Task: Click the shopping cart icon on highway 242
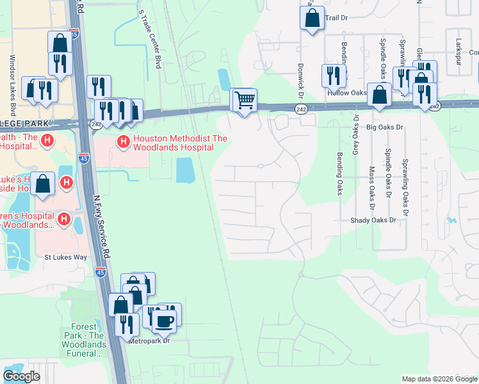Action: coord(244,100)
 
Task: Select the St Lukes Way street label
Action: coord(65,257)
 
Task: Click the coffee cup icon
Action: coord(164,321)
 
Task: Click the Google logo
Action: coord(21,376)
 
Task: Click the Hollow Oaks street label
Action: coord(346,93)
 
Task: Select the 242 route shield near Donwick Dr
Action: coord(300,109)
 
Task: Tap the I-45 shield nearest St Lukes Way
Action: coord(100,272)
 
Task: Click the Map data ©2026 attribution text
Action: coord(439,379)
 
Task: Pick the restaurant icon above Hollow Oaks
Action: coord(334,76)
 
